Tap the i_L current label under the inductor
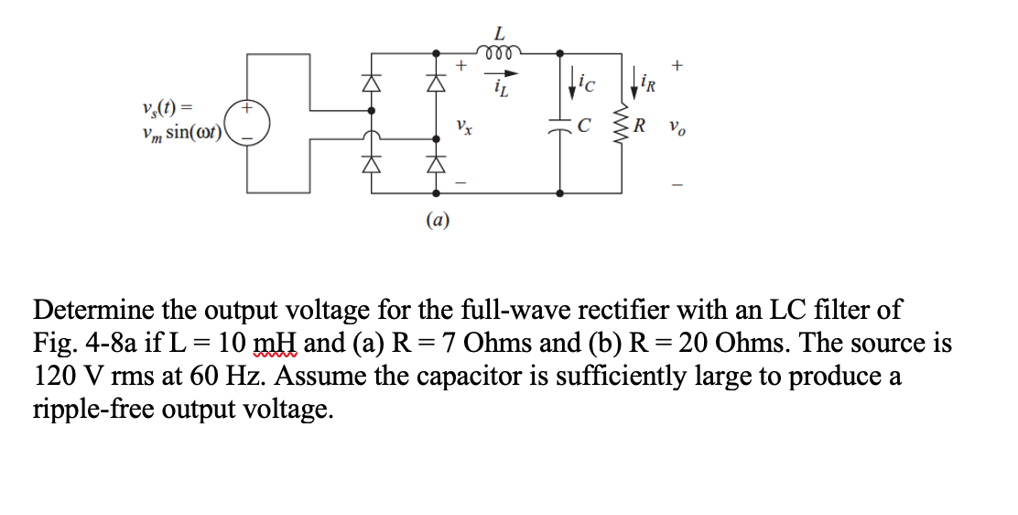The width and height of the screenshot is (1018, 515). point(500,87)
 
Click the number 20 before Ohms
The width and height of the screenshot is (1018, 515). point(694,344)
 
